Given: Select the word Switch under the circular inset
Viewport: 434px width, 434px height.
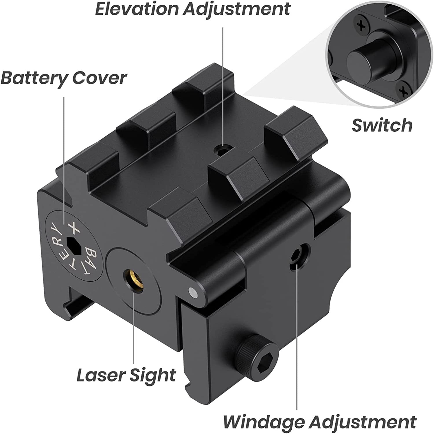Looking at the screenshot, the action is (x=382, y=125).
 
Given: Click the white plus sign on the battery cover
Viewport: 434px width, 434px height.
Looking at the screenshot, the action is (x=73, y=228).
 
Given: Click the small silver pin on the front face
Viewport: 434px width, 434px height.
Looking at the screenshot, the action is (x=192, y=293).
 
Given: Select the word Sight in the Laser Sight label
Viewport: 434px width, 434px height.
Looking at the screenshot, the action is (x=152, y=375).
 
